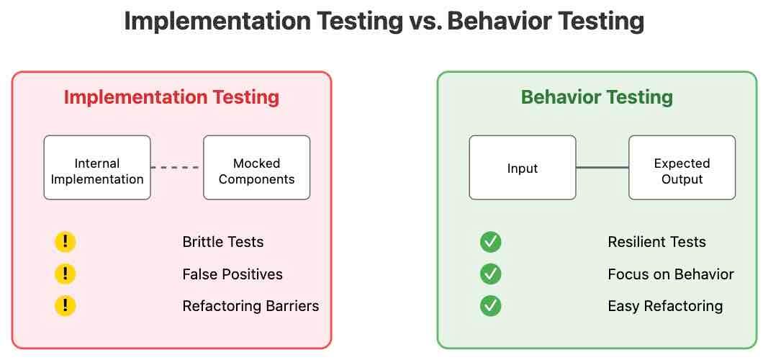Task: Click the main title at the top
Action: (384, 22)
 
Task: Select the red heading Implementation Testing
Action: (171, 97)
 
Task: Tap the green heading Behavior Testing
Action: (597, 97)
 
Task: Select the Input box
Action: (523, 168)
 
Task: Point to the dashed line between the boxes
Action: (177, 168)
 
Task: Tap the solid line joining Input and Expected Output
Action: (602, 168)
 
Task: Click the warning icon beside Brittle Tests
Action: (66, 242)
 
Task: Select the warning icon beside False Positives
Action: (66, 274)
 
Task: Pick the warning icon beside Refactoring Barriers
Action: (66, 306)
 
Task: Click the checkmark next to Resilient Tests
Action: (491, 242)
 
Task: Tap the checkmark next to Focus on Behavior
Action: (491, 274)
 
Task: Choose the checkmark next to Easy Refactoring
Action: (491, 306)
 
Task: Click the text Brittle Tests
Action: (223, 242)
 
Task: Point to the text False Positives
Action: (233, 274)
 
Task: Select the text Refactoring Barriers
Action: (250, 306)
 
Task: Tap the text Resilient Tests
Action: (657, 242)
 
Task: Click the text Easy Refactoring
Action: (665, 306)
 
